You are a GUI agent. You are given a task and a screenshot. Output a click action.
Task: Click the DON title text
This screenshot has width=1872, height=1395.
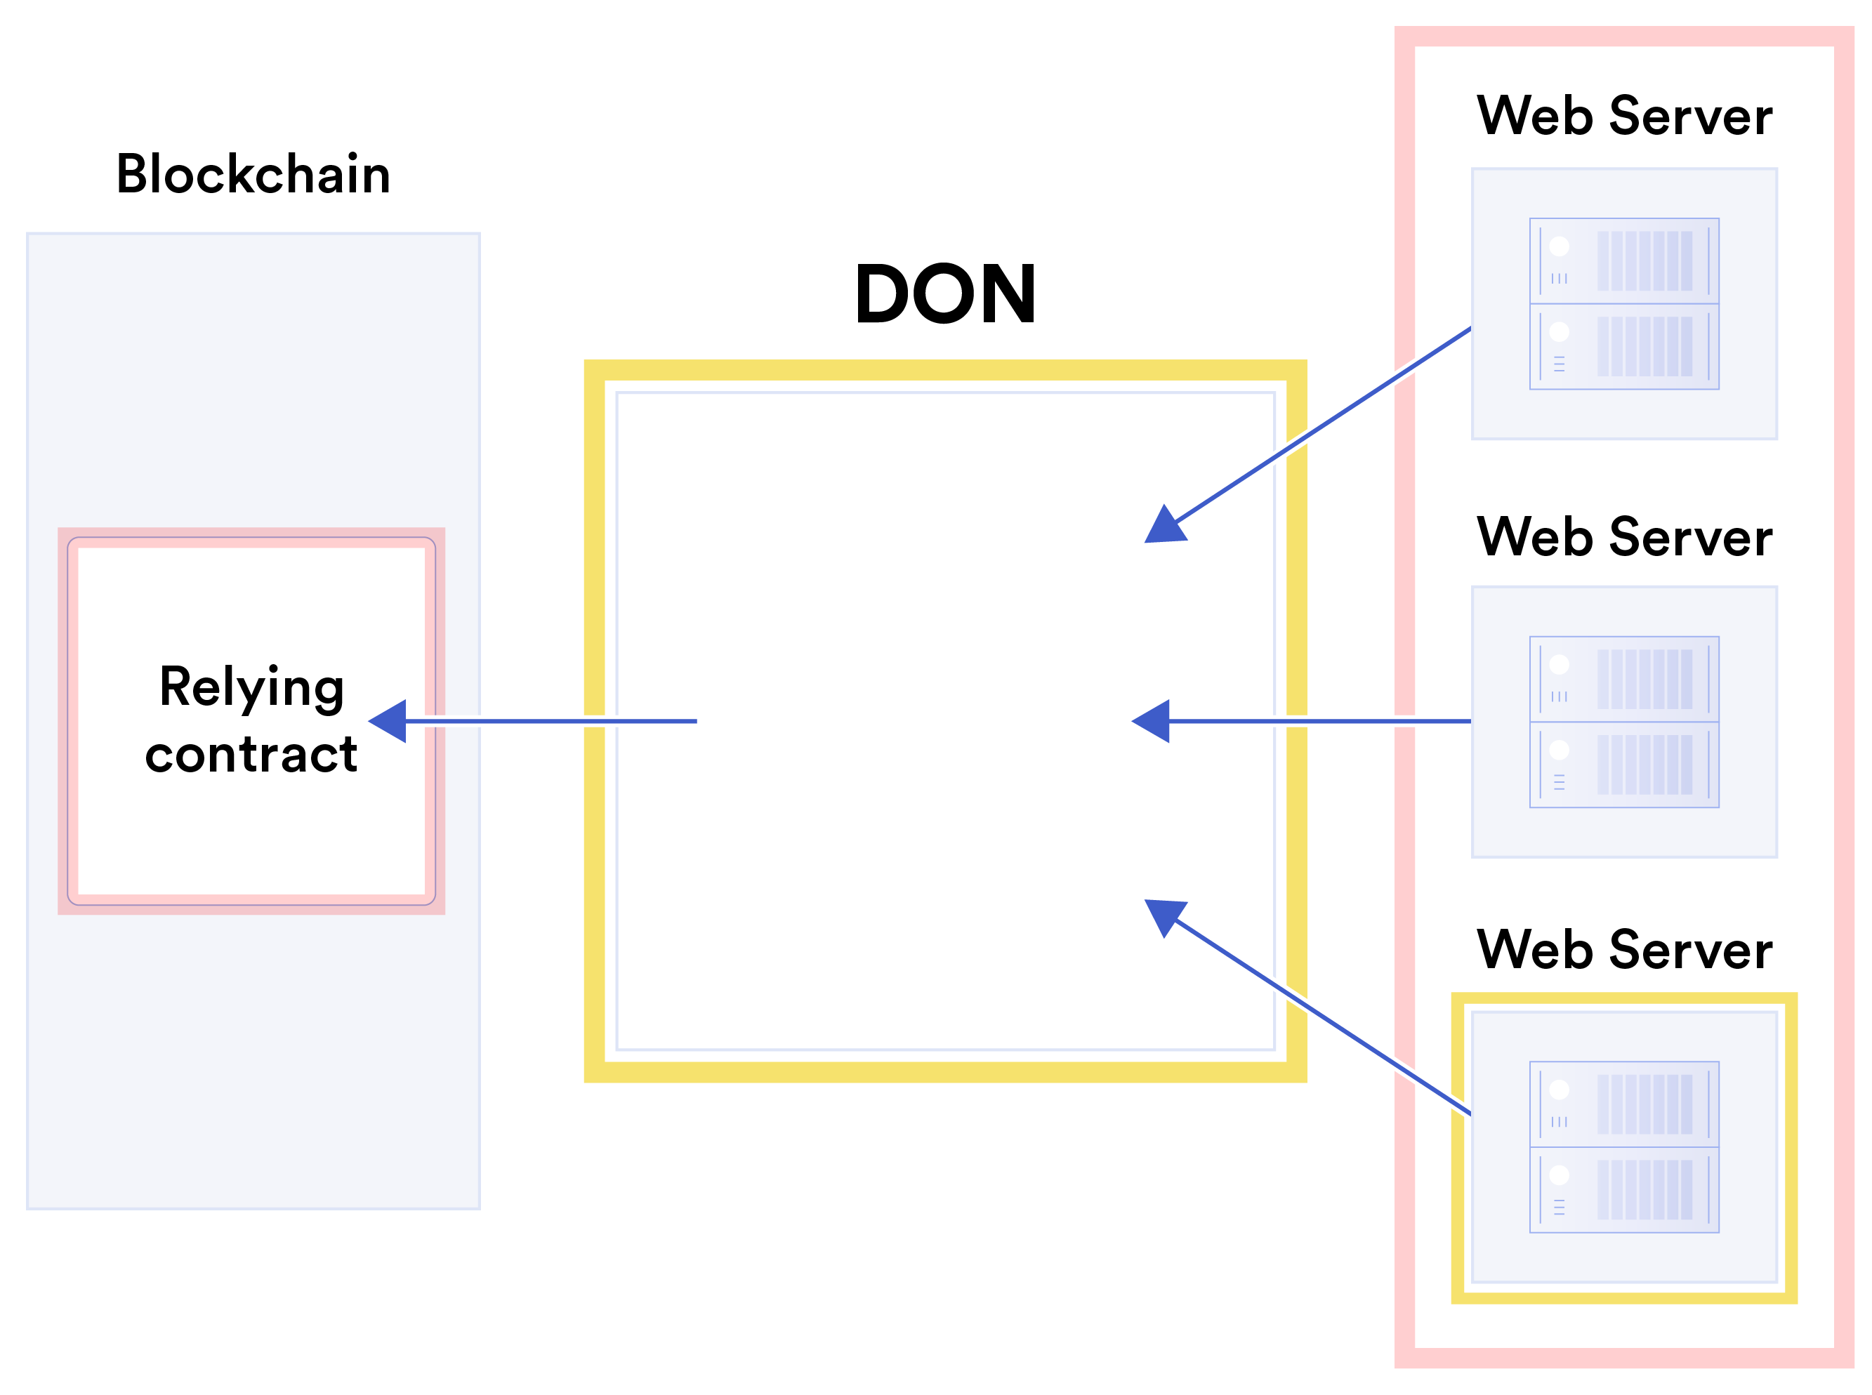tap(945, 294)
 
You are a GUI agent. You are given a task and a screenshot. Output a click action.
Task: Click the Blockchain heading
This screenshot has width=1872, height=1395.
tap(253, 175)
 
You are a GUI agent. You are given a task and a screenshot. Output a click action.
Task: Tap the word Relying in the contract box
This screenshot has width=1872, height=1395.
tap(251, 688)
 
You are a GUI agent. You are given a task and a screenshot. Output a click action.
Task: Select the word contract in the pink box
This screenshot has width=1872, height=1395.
tap(251, 754)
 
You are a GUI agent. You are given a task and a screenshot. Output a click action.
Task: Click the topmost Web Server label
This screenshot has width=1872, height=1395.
tap(1623, 116)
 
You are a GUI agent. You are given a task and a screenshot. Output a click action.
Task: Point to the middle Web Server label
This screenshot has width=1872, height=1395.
tap(1623, 537)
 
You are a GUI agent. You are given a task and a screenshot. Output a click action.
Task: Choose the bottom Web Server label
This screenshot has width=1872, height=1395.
tap(1623, 950)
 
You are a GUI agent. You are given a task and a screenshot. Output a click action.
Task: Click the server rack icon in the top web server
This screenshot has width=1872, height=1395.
tap(1623, 304)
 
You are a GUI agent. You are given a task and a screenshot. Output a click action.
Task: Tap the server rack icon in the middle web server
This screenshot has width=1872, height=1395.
tap(1623, 722)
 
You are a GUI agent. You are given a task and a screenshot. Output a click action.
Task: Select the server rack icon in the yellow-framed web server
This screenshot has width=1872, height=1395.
tap(1623, 1146)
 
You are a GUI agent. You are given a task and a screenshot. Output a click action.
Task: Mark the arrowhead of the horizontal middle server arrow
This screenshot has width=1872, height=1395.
tap(1152, 721)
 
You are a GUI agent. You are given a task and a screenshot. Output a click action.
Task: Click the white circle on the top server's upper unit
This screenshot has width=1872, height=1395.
tap(1559, 246)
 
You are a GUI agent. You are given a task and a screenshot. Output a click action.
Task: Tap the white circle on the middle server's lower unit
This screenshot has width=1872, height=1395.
tap(1559, 750)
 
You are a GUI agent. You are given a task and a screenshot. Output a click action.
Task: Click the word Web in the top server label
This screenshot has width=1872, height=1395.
tap(1534, 116)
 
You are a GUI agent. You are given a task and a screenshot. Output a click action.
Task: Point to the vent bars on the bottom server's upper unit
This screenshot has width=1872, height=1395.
tap(1644, 1104)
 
